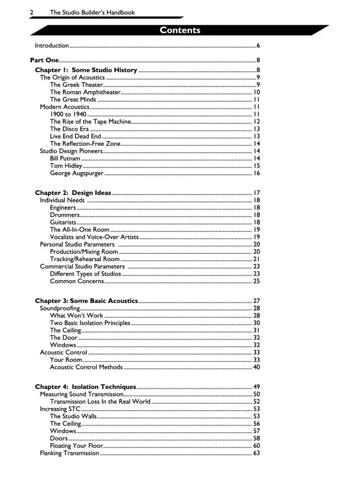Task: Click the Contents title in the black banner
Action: click(x=180, y=31)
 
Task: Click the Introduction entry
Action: click(x=52, y=46)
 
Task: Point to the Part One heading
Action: click(x=44, y=60)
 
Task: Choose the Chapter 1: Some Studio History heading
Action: click(x=86, y=70)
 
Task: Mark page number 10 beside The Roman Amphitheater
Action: click(x=256, y=92)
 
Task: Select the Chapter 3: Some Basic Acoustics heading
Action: click(x=86, y=300)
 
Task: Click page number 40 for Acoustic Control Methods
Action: click(x=256, y=367)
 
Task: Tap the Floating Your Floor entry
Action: click(x=77, y=446)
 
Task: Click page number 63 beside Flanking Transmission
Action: click(x=256, y=454)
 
